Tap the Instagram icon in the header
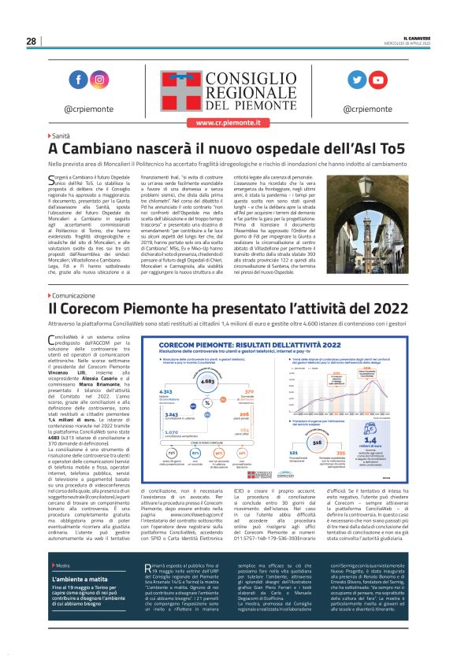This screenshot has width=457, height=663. (100, 80)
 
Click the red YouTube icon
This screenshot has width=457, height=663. (379, 80)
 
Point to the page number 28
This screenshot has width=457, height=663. (31, 41)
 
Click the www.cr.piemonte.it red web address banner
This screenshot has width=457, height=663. (228, 123)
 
